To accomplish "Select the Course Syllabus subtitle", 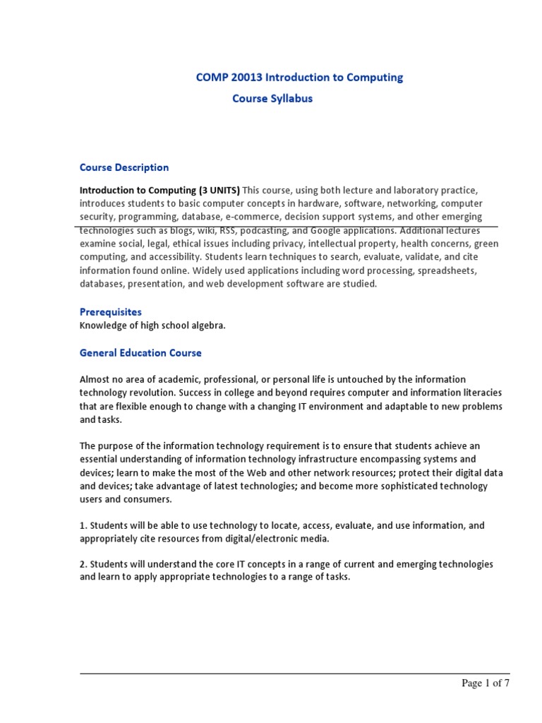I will (x=272, y=99).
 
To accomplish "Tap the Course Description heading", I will (x=124, y=167).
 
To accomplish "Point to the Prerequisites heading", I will (x=111, y=311).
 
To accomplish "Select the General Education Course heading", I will (x=140, y=352).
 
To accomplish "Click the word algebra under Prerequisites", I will (x=205, y=325).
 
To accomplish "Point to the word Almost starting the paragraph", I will (x=95, y=379).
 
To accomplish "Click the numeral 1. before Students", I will (x=83, y=525).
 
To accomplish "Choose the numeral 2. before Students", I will (x=83, y=564).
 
